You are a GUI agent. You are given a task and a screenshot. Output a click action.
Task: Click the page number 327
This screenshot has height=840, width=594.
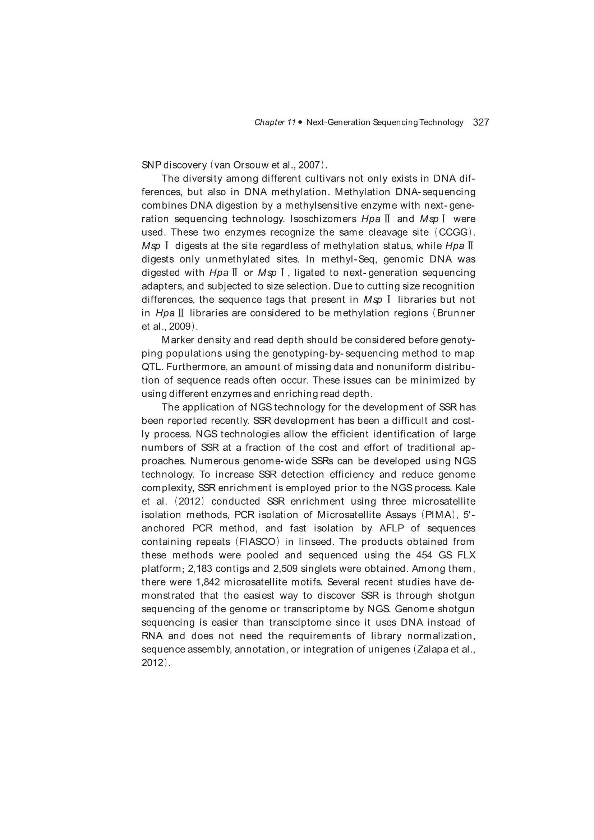click(x=481, y=122)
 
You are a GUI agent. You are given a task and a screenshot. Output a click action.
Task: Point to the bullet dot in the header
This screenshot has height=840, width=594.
click(x=300, y=122)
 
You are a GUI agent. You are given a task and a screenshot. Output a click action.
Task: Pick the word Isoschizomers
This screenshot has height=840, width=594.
click(x=323, y=219)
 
